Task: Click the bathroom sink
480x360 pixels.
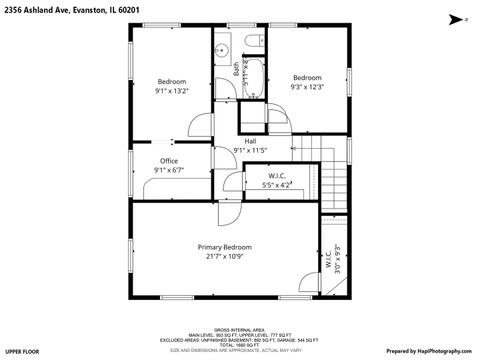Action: [x=222, y=49]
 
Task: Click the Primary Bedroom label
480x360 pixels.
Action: [x=224, y=247]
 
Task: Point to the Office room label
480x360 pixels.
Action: [x=169, y=161]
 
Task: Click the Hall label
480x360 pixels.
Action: [x=250, y=141]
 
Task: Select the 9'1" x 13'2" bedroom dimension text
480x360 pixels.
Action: [x=172, y=91]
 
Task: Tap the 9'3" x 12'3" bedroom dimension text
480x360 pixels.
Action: [x=307, y=87]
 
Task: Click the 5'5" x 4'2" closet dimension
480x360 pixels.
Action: [x=277, y=185]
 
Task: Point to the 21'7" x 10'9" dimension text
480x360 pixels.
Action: [x=224, y=256]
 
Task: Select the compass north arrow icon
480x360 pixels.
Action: [x=453, y=18]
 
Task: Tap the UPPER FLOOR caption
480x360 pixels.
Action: [x=22, y=352]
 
